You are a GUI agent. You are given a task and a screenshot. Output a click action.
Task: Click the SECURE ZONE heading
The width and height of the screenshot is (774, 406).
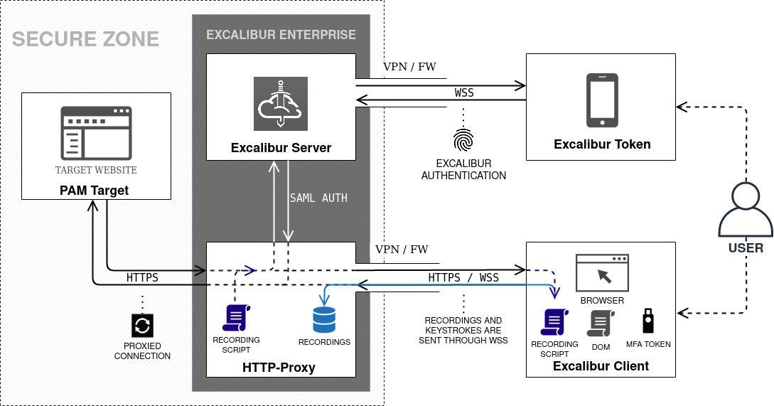tap(86, 38)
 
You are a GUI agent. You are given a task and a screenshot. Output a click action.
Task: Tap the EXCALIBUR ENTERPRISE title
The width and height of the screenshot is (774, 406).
tap(281, 34)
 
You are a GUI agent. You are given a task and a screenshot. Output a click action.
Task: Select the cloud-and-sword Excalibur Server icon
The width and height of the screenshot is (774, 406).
tap(281, 103)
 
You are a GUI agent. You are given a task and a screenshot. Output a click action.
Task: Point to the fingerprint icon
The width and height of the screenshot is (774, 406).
tap(464, 140)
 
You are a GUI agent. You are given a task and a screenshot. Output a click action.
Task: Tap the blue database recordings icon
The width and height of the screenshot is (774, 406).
tap(324, 319)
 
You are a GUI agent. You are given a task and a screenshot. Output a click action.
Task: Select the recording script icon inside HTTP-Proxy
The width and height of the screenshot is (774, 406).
tap(236, 317)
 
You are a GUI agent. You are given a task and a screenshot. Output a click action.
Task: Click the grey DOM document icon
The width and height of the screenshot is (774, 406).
tap(596, 324)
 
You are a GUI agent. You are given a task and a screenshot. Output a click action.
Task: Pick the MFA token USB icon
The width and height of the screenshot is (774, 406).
tap(648, 321)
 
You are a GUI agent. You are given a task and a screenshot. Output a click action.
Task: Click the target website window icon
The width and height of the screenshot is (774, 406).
tap(96, 134)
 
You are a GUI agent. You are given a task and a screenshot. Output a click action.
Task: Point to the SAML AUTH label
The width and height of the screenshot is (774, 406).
tap(318, 198)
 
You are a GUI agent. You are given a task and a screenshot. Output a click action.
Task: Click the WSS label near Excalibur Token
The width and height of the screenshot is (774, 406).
tap(464, 93)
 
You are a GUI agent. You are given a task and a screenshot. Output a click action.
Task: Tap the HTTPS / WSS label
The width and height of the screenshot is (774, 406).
tap(463, 277)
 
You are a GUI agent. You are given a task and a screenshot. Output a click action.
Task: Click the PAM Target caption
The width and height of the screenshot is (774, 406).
tap(96, 190)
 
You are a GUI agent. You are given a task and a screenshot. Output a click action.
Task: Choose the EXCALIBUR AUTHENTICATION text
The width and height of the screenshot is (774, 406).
tap(464, 169)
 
